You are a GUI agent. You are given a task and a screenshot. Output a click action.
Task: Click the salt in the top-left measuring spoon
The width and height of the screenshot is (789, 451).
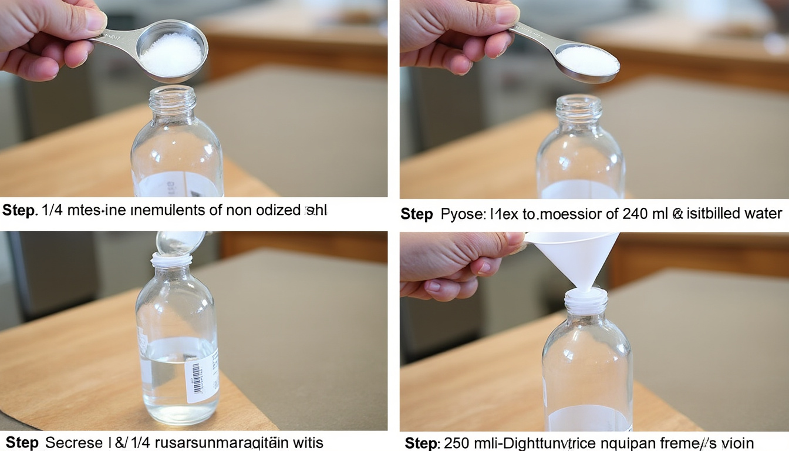pyautogui.click(x=171, y=55)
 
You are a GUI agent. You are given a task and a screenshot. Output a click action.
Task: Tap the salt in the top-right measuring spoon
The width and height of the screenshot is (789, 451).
pyautogui.click(x=587, y=60)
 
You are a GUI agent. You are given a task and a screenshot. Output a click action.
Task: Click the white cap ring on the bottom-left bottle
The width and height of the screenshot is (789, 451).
pyautogui.click(x=171, y=260)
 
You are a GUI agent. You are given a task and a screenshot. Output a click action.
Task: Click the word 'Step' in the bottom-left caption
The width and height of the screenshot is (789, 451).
pyautogui.click(x=22, y=442)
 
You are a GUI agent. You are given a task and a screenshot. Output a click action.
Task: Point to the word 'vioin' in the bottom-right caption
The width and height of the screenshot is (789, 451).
pyautogui.click(x=736, y=442)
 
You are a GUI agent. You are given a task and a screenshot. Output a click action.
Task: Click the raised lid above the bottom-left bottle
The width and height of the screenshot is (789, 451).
pyautogui.click(x=179, y=241)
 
